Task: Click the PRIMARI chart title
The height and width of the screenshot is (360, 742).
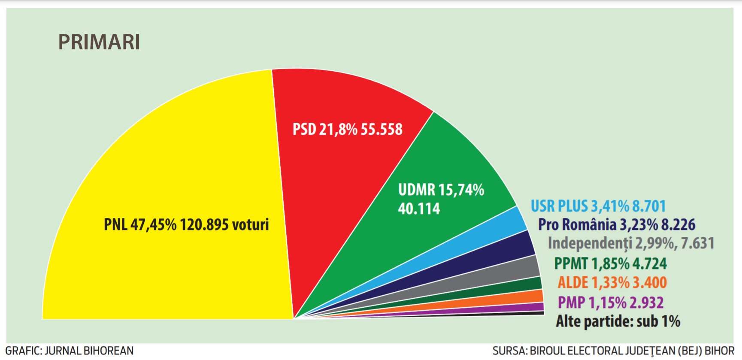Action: click(x=99, y=42)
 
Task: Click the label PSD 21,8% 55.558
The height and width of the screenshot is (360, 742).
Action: click(x=347, y=129)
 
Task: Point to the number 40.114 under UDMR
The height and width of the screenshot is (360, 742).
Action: click(x=419, y=209)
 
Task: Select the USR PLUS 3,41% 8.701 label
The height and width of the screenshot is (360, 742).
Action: click(x=598, y=206)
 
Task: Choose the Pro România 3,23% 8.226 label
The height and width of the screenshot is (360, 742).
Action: click(x=617, y=224)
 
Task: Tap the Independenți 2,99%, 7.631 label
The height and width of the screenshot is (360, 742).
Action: click(x=631, y=243)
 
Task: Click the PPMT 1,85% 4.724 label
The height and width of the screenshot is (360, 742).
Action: click(x=610, y=263)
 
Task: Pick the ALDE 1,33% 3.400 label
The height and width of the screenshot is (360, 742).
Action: click(x=612, y=283)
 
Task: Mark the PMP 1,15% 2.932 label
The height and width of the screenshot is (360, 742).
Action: click(x=610, y=303)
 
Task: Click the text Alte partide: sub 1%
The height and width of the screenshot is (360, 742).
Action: click(x=618, y=321)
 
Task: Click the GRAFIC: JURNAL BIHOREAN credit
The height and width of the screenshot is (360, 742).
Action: click(x=70, y=351)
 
